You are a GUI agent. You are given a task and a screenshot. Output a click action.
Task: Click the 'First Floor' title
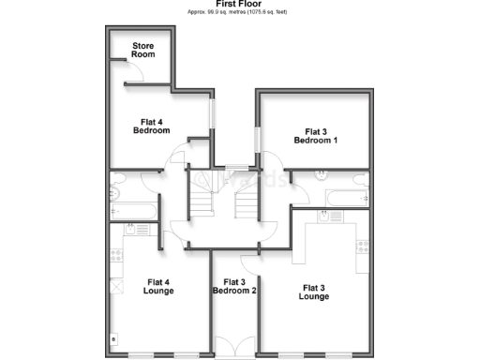[x=239, y=4]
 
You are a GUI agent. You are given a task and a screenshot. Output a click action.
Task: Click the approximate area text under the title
[x=239, y=13]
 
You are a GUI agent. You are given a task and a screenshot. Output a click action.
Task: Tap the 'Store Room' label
[x=143, y=50]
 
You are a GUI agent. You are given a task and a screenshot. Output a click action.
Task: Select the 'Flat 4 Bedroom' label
[x=151, y=125]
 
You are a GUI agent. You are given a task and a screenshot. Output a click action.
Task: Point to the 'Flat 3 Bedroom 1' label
[x=315, y=135]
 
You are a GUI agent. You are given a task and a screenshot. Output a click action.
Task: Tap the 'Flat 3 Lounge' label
[x=314, y=291]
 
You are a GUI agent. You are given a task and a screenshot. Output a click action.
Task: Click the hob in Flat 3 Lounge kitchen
[x=363, y=247]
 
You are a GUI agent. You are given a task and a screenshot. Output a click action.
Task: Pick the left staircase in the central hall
[x=202, y=195]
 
